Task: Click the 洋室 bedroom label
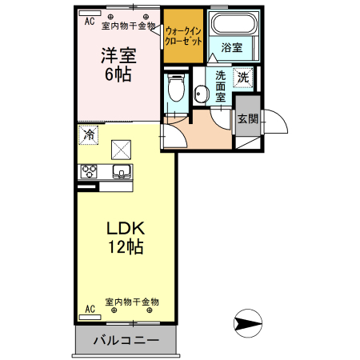[117, 56]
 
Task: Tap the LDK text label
[126, 228]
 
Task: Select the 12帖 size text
[126, 247]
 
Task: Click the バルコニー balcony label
[126, 339]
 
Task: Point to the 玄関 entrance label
[247, 120]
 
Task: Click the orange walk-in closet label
[183, 34]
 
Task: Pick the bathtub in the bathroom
[232, 23]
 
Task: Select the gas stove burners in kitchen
[88, 171]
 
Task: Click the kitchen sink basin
[122, 171]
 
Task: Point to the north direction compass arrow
[247, 324]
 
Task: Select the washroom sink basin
[200, 94]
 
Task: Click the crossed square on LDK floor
[121, 149]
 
